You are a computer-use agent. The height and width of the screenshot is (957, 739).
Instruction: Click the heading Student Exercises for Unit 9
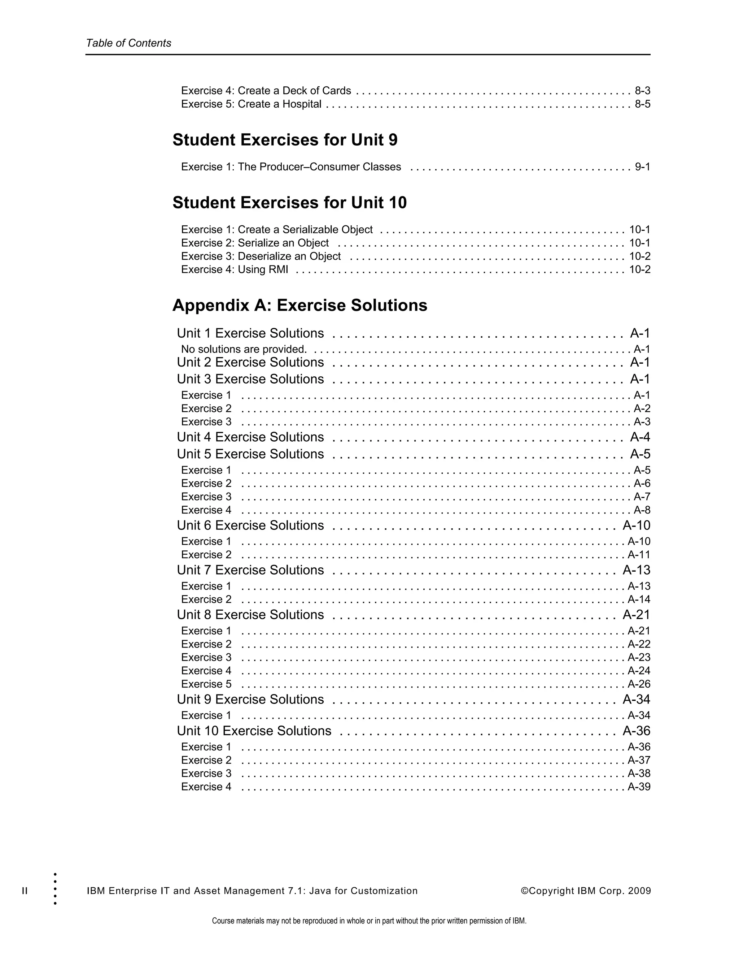pyautogui.click(x=285, y=140)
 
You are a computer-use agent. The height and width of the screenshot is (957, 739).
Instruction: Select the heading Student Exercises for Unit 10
pyautogui.click(x=289, y=203)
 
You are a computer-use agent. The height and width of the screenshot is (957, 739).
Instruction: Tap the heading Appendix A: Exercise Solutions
pyautogui.click(x=299, y=306)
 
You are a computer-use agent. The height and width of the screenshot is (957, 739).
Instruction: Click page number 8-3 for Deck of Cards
pyautogui.click(x=642, y=91)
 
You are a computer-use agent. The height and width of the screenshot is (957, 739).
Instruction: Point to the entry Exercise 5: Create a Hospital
pyautogui.click(x=251, y=104)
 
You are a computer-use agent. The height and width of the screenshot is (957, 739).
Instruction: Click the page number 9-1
pyautogui.click(x=642, y=167)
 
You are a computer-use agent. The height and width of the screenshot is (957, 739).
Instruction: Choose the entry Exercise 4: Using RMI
pyautogui.click(x=234, y=269)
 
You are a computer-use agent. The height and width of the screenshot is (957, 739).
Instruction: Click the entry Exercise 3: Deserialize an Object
pyautogui.click(x=261, y=256)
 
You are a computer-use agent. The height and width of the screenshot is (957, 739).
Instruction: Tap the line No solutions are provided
pyautogui.click(x=244, y=349)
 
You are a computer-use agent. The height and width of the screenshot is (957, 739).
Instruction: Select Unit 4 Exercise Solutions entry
pyautogui.click(x=250, y=437)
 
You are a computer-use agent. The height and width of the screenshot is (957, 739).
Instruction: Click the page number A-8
pyautogui.click(x=642, y=510)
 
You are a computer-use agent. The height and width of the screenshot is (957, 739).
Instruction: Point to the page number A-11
pyautogui.click(x=639, y=555)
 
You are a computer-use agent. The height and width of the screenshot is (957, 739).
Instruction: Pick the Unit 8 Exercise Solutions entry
pyautogui.click(x=250, y=615)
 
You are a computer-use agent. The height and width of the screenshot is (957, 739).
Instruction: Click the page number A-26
pyautogui.click(x=639, y=684)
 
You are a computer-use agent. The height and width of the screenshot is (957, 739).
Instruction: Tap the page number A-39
pyautogui.click(x=639, y=787)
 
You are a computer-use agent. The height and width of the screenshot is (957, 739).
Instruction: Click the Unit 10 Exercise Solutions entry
pyautogui.click(x=254, y=731)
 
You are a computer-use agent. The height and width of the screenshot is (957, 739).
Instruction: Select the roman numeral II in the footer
pyautogui.click(x=25, y=891)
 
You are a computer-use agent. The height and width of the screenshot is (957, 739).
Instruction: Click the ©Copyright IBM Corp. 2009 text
pyautogui.click(x=585, y=891)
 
